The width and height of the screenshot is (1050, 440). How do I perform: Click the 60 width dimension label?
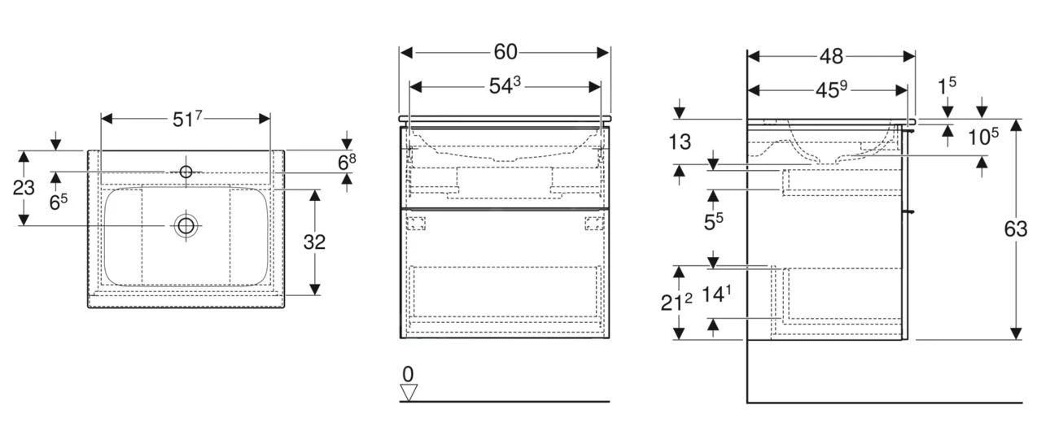(505, 52)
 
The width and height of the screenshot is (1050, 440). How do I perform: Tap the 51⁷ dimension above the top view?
(186, 119)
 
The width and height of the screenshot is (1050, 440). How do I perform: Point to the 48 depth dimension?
(831, 56)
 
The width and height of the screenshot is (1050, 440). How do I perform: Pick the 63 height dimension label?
(1015, 229)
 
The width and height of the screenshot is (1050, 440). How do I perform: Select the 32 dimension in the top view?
(314, 242)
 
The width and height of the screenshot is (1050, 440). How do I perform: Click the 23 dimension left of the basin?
(24, 188)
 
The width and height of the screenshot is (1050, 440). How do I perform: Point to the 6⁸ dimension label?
(347, 161)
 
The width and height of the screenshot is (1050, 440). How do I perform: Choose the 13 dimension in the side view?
(679, 142)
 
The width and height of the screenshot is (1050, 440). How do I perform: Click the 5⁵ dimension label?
(714, 220)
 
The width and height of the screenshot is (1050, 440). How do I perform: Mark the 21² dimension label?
(676, 302)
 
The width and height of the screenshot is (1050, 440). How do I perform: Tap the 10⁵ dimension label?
(983, 137)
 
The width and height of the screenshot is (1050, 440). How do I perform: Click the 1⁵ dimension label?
(946, 85)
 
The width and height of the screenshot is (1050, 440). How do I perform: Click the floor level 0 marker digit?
(408, 374)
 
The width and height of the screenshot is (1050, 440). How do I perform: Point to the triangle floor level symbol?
(409, 392)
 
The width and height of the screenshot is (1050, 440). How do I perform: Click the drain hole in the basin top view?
(186, 225)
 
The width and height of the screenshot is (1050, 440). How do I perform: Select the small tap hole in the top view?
(186, 172)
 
